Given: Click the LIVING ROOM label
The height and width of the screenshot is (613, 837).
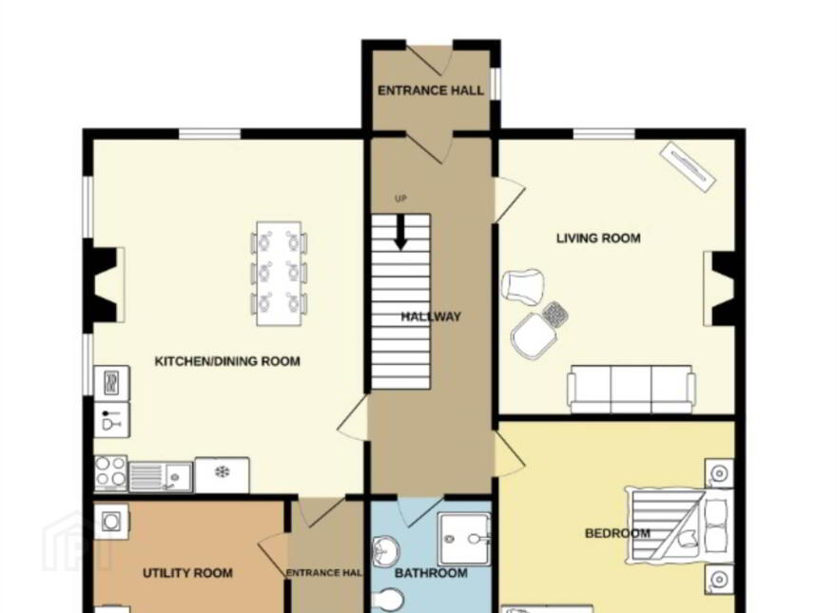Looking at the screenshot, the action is coord(598,238).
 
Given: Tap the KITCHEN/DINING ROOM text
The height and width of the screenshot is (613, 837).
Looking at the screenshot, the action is coord(227,361).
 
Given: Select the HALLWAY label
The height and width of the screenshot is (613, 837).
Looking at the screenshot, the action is coord(431,316).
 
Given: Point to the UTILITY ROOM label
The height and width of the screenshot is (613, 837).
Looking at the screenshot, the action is coord(188,573).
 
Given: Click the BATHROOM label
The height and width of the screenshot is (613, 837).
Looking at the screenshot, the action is coord(431,573).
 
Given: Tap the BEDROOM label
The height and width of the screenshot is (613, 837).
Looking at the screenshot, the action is coord(617,533).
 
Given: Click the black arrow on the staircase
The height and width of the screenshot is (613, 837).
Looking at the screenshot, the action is coord(400,232).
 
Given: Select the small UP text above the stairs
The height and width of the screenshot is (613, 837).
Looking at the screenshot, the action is coord(400,199).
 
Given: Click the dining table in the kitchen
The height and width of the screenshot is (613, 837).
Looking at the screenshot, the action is coord(280,273).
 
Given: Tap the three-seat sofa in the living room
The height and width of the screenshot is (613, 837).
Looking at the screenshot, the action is coord(631,389).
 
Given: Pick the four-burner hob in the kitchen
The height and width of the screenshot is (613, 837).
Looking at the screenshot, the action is coord(110,473).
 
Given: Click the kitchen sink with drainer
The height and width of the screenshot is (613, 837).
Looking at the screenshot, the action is coord(160,476).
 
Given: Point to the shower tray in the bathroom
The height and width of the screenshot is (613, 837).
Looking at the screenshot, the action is coord(464,539).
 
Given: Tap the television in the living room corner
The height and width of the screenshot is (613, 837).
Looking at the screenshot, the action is coord(688,166).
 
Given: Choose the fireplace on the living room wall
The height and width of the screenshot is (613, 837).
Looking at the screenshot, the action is coord(720,289).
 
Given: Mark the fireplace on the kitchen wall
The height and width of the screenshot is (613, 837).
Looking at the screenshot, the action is coord(104,285).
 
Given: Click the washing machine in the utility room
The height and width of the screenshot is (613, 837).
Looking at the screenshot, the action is coord(111,521).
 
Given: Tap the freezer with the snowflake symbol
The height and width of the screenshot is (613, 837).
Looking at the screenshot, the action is coord(222,475).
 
